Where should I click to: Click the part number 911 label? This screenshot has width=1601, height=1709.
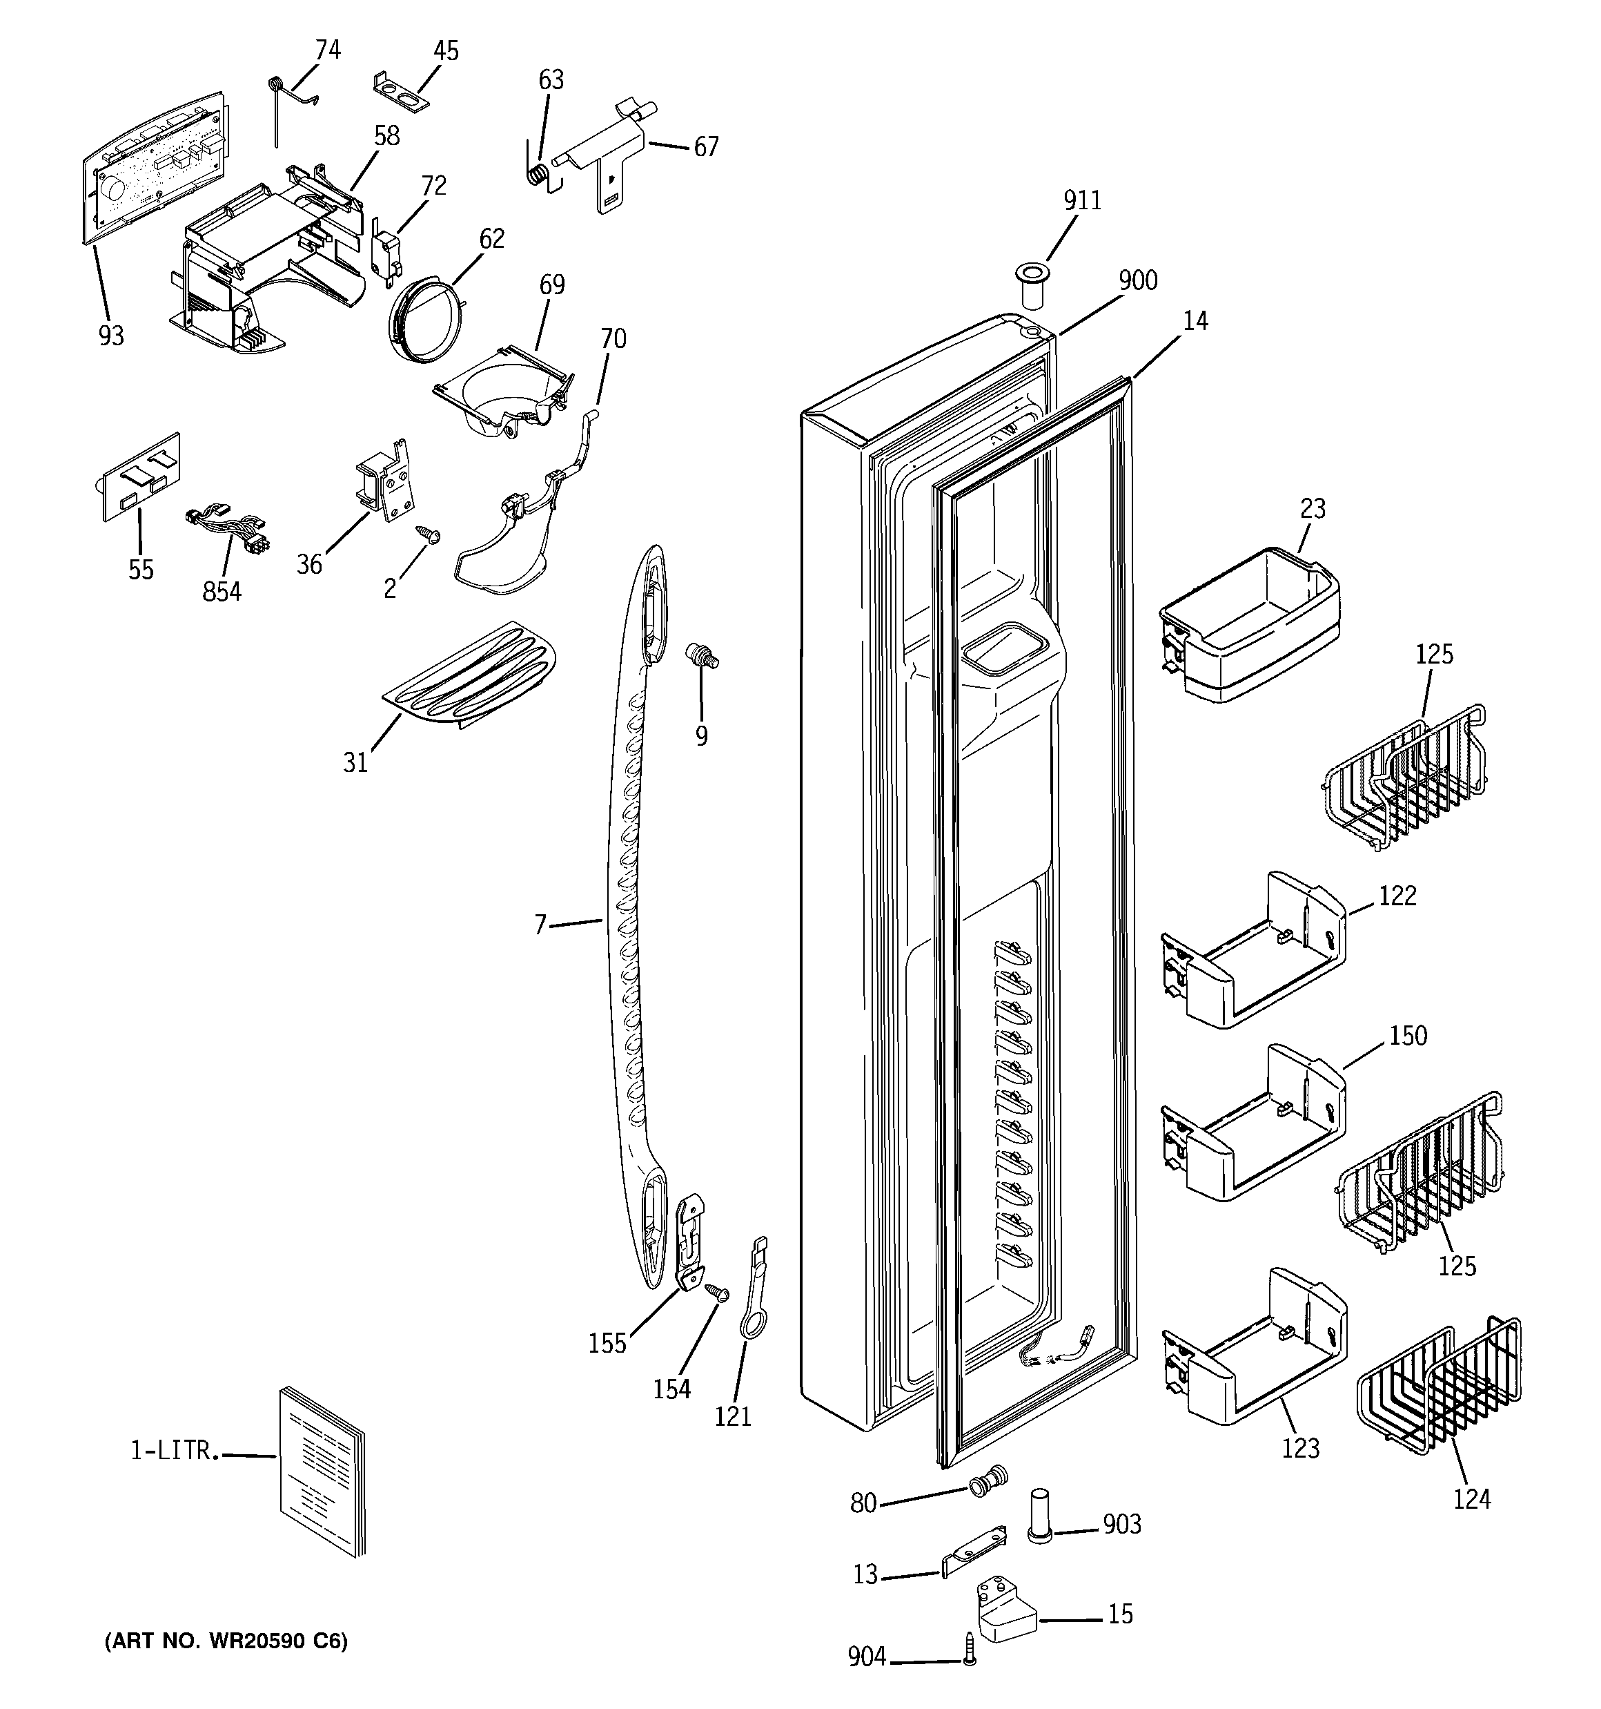pos(1082,200)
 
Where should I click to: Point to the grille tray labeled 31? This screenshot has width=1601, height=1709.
pos(469,677)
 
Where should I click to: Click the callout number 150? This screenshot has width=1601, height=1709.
pos(1408,1035)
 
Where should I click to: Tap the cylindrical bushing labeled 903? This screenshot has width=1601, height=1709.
pos(1040,1517)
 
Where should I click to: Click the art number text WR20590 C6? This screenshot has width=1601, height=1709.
pos(226,1642)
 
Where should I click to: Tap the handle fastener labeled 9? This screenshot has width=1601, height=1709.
pos(700,656)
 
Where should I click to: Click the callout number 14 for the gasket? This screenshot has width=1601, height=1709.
pos(1195,322)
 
